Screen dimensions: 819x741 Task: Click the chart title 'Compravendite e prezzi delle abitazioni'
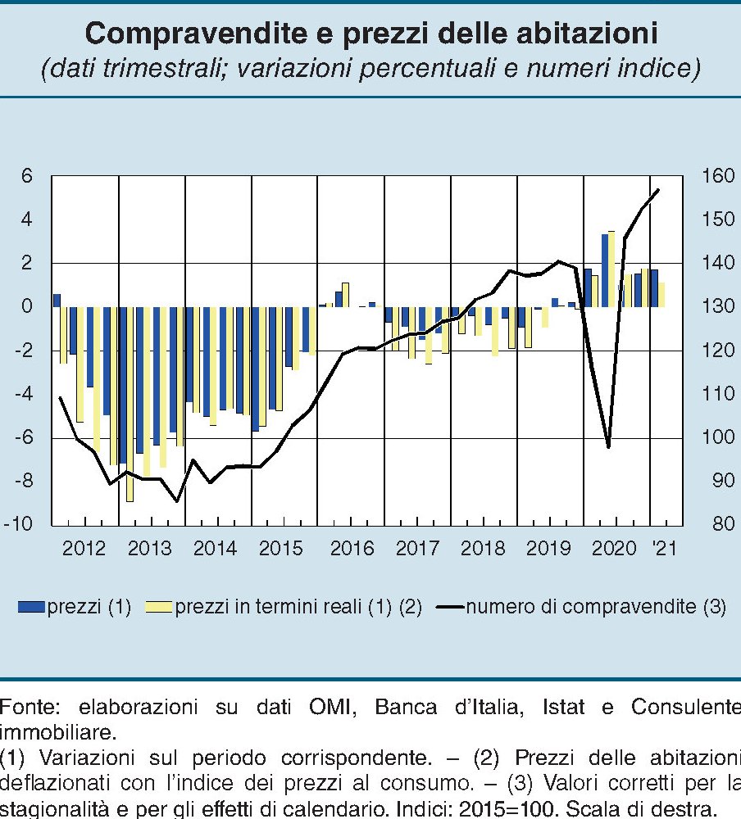(x=370, y=34)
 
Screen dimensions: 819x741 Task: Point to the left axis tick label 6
(x=27, y=176)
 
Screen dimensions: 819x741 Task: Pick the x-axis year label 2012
(x=84, y=548)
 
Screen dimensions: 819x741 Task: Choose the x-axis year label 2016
(x=352, y=548)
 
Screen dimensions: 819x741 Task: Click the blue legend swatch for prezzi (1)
(x=31, y=607)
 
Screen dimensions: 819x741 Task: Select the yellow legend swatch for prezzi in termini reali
(x=159, y=607)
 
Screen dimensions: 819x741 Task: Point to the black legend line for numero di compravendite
(x=451, y=607)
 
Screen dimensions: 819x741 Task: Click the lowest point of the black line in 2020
(x=608, y=447)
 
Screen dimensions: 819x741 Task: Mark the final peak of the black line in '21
(x=658, y=189)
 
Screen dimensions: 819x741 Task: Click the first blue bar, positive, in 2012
(x=57, y=300)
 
